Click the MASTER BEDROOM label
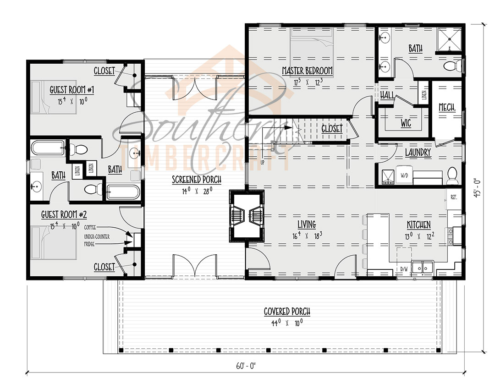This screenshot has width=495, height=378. tap(307, 71)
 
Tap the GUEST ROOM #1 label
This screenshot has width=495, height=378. tap(71, 90)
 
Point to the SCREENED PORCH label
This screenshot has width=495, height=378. tap(197, 180)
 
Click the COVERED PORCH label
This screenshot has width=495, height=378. tap(287, 312)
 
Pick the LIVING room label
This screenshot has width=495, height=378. tap(307, 224)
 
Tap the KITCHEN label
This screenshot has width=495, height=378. tap(419, 225)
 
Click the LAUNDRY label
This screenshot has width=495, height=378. tap(418, 152)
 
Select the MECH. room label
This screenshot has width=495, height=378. tap(447, 108)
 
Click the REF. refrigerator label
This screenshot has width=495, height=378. tap(454, 197)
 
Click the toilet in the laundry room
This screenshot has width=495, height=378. tap(452, 174)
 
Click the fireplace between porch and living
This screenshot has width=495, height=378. tap(247, 216)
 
